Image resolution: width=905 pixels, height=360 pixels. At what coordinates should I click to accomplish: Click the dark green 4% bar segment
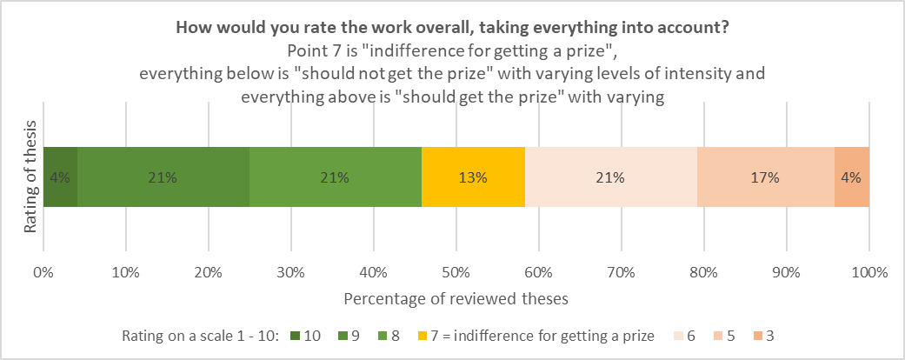coord(60,177)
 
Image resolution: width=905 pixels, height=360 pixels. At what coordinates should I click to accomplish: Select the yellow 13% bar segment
coord(473,177)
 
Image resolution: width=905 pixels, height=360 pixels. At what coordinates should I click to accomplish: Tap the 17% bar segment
coord(765,177)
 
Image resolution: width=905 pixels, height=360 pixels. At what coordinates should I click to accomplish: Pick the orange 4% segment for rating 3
coord(851,177)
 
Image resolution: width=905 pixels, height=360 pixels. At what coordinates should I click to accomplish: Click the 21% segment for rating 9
coord(163,177)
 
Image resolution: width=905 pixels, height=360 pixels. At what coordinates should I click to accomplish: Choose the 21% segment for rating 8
coord(335,177)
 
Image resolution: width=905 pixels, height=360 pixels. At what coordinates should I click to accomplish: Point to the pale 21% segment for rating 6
coord(610,177)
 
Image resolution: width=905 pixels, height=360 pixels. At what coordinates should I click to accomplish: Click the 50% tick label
coord(456,272)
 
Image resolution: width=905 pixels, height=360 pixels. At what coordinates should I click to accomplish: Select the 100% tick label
coord(868,272)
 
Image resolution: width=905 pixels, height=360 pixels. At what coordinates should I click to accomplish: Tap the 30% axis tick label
coord(290,272)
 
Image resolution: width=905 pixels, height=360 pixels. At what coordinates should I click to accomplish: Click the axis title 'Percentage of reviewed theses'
coord(456,298)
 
